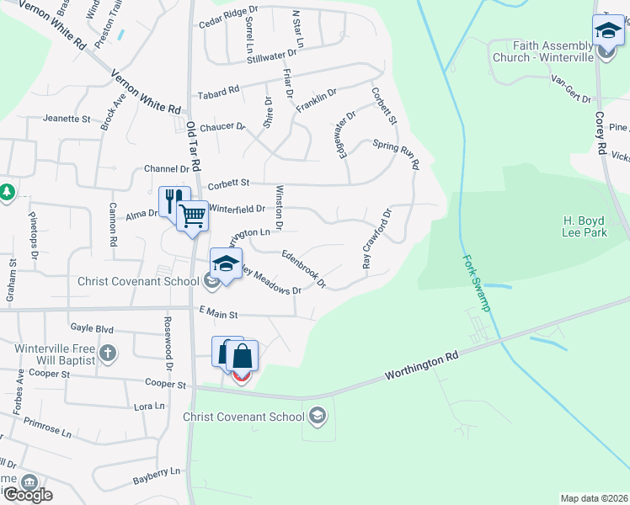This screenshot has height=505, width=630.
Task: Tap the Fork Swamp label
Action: tap(477, 284)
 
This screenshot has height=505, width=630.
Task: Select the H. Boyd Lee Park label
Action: tap(585, 226)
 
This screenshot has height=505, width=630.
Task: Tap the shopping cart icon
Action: tap(193, 215)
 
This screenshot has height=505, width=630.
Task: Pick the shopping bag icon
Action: tap(242, 355)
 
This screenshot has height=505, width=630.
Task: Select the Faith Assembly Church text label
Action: tap(552, 51)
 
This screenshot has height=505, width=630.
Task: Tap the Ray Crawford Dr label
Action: tap(376, 239)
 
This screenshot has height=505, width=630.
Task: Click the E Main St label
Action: tap(219, 314)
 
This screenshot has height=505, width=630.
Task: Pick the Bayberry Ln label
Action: tap(157, 476)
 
